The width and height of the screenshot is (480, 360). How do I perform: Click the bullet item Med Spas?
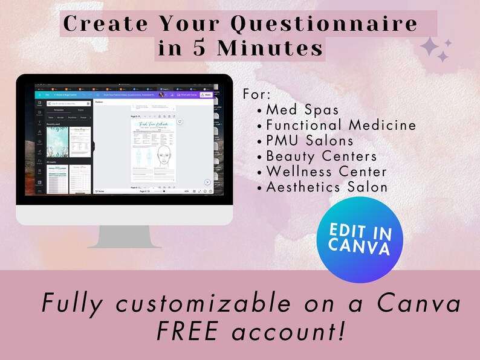point(302,110)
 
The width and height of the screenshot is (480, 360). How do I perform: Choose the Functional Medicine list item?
point(341,125)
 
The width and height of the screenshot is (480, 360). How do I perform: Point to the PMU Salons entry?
point(310,141)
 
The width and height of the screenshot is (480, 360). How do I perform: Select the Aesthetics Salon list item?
point(326,187)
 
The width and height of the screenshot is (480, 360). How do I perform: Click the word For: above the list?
point(258,95)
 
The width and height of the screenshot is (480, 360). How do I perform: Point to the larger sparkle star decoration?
point(431,47)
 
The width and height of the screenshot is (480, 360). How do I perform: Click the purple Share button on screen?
point(207,95)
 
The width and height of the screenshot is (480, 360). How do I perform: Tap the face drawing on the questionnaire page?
point(161,159)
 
